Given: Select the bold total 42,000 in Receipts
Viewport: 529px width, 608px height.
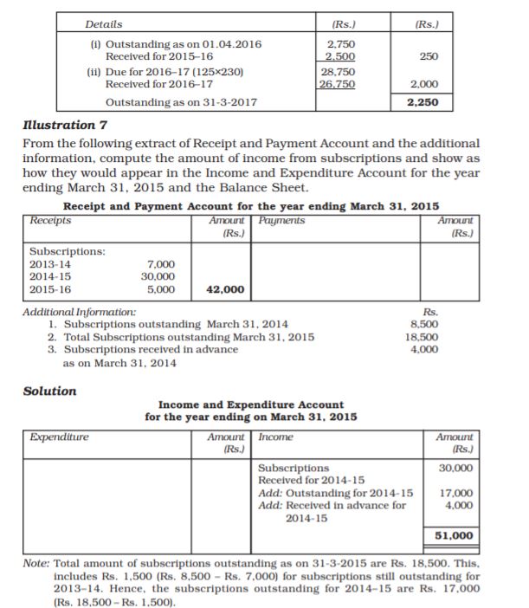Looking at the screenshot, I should tap(224, 289).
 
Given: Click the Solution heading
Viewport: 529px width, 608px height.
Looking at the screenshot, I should tap(49, 391).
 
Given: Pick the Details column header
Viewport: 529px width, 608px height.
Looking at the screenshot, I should tap(105, 24).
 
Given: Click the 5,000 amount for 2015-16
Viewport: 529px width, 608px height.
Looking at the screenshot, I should tap(163, 289).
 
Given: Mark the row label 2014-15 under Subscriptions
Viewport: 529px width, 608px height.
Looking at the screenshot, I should tap(50, 276).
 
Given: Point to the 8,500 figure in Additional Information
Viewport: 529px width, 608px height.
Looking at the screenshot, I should tap(423, 324).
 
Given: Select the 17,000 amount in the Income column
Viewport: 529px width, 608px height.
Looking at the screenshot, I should tap(456, 494).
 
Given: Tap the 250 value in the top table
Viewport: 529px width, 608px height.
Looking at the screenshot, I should tap(428, 56).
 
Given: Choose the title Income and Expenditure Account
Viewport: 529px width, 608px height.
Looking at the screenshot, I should tap(251, 405).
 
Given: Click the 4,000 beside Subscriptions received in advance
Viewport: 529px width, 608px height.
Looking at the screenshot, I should tap(423, 349).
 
